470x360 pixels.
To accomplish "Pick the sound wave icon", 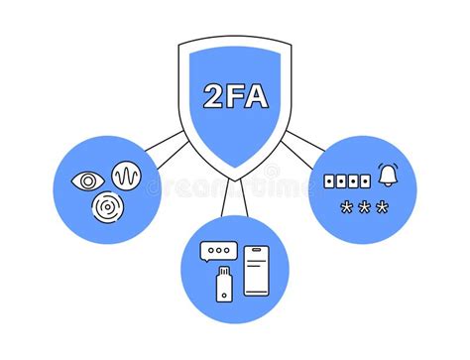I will pyautogui.click(x=127, y=178).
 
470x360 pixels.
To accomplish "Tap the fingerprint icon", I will pyautogui.click(x=106, y=207).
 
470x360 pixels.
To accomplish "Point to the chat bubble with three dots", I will pyautogui.click(x=216, y=253).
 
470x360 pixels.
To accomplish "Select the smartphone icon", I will pyautogui.click(x=257, y=271).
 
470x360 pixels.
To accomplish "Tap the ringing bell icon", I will pyautogui.click(x=389, y=177).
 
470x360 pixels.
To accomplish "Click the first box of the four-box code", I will pyautogui.click(x=331, y=181).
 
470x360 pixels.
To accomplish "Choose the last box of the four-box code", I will pyautogui.click(x=365, y=181).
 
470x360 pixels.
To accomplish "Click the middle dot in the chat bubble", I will pyautogui.click(x=216, y=251).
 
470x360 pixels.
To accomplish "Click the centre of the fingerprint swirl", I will pyautogui.click(x=106, y=207).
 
